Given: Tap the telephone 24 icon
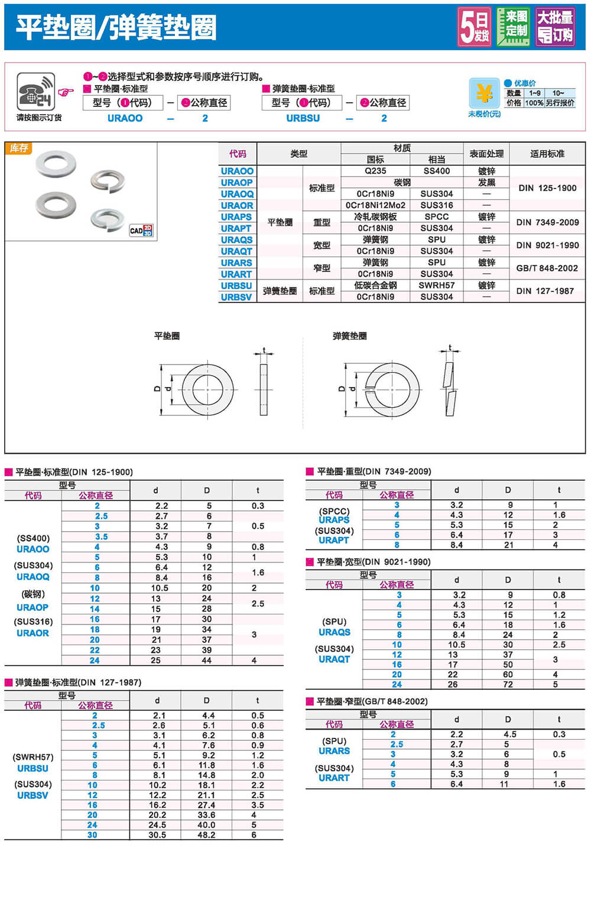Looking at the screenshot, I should pyautogui.click(x=35, y=92).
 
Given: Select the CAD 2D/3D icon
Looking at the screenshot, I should pyautogui.click(x=141, y=230).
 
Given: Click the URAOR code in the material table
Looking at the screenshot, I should pyautogui.click(x=237, y=206).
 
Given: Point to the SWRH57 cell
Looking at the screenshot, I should pyautogui.click(x=436, y=285).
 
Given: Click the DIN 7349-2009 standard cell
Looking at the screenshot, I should pyautogui.click(x=547, y=222).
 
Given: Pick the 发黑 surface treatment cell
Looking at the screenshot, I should pyautogui.click(x=486, y=183).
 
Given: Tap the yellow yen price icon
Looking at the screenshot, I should pyautogui.click(x=484, y=93).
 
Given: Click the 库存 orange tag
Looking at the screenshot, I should pyautogui.click(x=18, y=148).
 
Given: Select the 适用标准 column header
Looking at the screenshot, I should pyautogui.click(x=547, y=154).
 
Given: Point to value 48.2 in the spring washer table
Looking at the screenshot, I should pyautogui.click(x=206, y=835).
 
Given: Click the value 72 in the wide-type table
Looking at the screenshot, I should pyautogui.click(x=508, y=684).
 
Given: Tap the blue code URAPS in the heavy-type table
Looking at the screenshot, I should pyautogui.click(x=334, y=520).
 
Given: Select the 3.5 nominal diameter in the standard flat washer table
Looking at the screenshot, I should pyautogui.click(x=101, y=536).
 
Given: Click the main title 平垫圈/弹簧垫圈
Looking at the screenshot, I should pyautogui.click(x=116, y=27).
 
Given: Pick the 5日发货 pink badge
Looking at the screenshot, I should pyautogui.click(x=475, y=27).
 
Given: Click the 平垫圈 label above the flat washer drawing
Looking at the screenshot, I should pyautogui.click(x=167, y=336).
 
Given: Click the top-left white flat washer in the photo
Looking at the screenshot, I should pyautogui.click(x=56, y=164).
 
